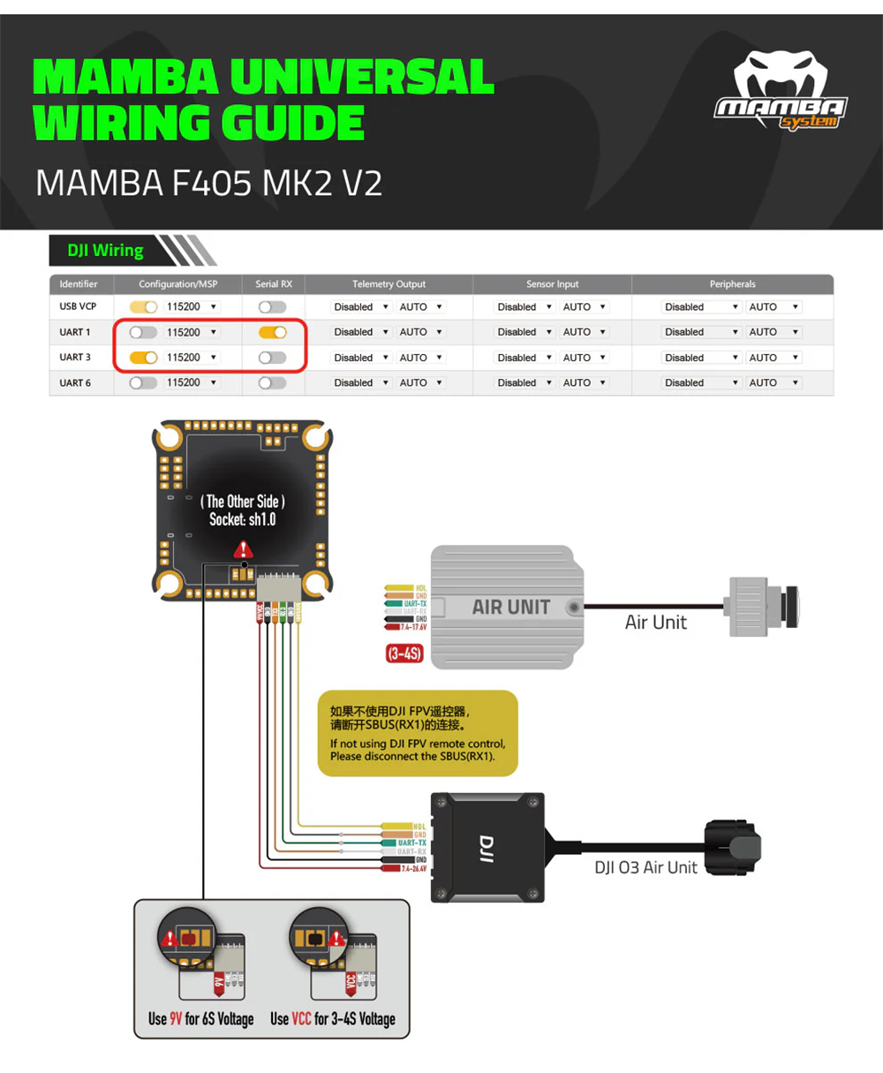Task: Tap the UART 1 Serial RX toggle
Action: tap(273, 332)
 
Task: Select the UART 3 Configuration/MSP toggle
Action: tap(143, 358)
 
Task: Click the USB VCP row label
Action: tap(78, 306)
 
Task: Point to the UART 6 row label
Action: tap(75, 383)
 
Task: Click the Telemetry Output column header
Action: tap(389, 284)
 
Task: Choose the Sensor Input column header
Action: tap(552, 284)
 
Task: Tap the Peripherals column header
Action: tap(732, 284)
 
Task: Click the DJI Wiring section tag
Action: tap(105, 251)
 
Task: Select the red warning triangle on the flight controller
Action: tap(243, 549)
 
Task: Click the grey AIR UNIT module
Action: tap(508, 607)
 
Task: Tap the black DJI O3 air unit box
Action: tap(487, 847)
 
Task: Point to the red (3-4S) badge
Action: tap(404, 654)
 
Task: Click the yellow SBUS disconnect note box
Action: tap(417, 733)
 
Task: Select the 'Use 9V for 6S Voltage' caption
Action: tap(200, 1019)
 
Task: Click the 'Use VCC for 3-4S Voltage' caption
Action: tap(333, 1019)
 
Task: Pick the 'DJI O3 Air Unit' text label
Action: tap(645, 868)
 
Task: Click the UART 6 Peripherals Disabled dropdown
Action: tap(701, 383)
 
